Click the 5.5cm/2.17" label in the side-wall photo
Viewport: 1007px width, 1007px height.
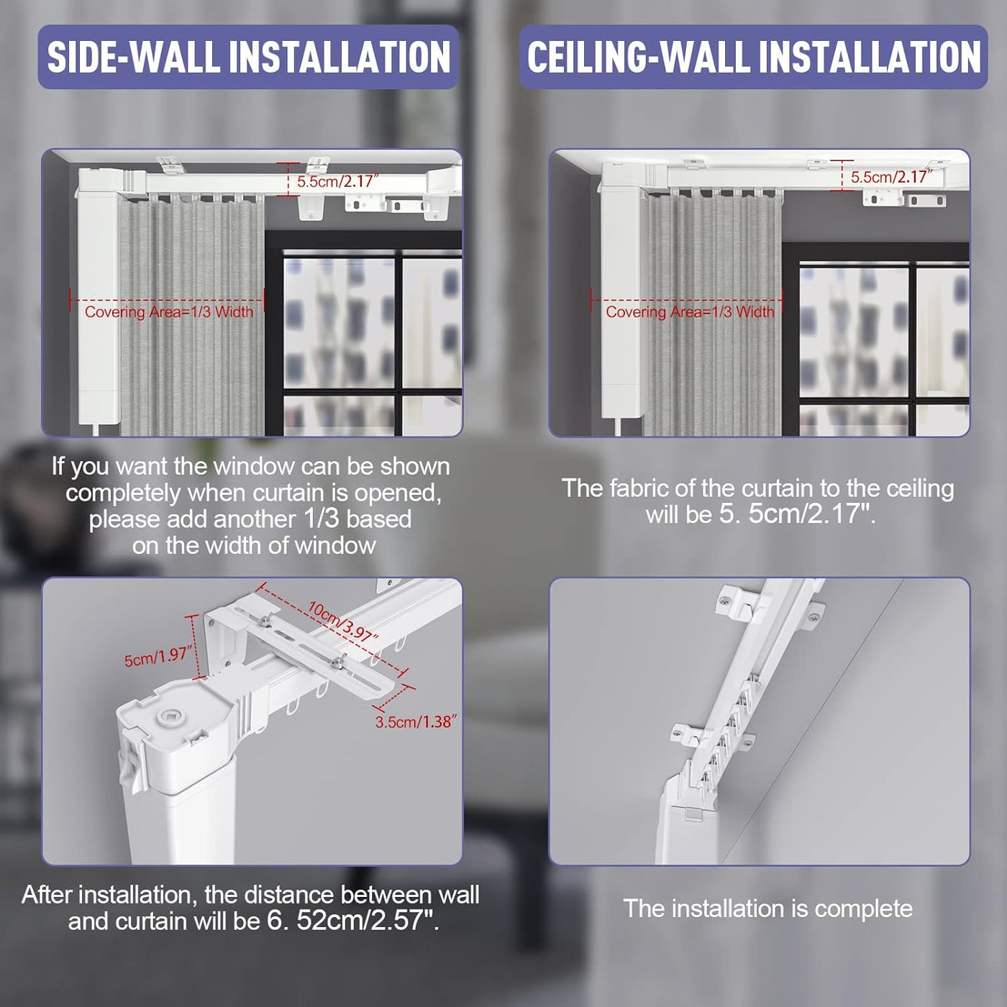[x=337, y=181]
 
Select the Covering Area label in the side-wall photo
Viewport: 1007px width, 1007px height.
[x=169, y=312]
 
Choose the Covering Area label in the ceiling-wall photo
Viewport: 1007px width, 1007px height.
[x=690, y=312]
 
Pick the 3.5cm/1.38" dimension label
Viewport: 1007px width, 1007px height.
[x=416, y=721]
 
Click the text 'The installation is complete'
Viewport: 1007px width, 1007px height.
[x=767, y=908]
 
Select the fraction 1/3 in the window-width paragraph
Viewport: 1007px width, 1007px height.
[x=321, y=519]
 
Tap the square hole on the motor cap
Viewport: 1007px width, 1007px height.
[x=170, y=715]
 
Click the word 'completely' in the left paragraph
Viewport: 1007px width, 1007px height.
[x=124, y=493]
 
